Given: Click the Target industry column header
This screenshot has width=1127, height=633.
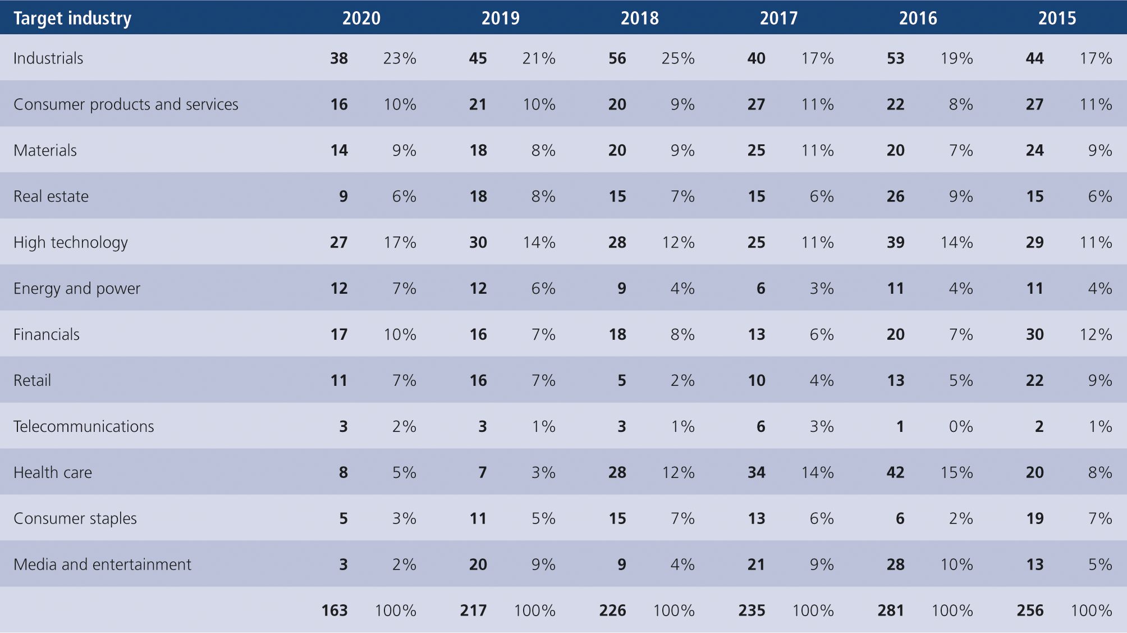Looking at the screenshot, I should click(x=72, y=18).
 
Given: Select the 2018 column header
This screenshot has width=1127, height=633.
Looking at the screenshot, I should click(x=639, y=18).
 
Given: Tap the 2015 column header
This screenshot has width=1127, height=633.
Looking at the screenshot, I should click(x=1057, y=18).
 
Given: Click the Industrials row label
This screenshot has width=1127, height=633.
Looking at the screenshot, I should click(x=48, y=58).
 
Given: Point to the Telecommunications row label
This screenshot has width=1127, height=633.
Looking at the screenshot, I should click(x=84, y=427).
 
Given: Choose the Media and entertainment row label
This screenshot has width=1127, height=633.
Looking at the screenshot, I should click(x=102, y=564).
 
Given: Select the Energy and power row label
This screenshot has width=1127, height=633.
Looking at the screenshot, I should click(x=77, y=289).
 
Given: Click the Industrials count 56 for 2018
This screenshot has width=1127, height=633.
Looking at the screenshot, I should click(x=617, y=58).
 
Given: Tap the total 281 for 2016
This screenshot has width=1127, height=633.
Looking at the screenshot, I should click(x=891, y=611).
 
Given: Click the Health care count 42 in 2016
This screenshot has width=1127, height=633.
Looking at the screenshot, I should click(x=895, y=473).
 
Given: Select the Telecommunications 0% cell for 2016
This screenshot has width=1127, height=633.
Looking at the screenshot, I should click(x=960, y=427).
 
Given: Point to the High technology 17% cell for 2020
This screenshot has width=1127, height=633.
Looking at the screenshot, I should click(x=400, y=243).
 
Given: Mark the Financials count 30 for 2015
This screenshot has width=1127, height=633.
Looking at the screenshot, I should click(x=1034, y=335).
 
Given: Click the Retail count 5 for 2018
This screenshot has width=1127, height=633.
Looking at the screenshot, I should click(x=621, y=381).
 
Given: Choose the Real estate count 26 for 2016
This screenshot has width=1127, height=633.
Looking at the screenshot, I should click(x=895, y=197).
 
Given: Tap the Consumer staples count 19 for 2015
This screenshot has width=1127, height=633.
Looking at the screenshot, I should click(x=1034, y=519).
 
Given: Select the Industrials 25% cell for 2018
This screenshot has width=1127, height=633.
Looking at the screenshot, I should click(x=677, y=58).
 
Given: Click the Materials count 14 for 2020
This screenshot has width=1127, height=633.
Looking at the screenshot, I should click(x=338, y=151).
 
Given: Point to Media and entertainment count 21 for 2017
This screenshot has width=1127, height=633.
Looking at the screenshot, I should click(x=756, y=564).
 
